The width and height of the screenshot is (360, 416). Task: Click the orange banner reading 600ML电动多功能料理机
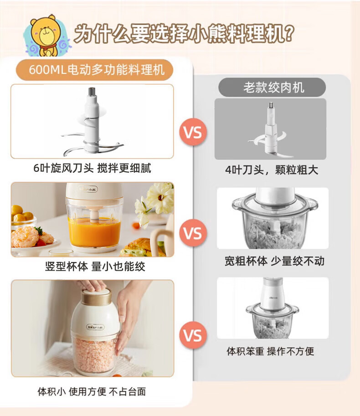95,70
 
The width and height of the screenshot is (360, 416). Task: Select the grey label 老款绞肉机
272,87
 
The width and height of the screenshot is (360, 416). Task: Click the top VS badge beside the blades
193,132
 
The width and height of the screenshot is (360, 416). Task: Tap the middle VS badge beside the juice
193,233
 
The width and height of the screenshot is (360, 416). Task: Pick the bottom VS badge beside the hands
193,335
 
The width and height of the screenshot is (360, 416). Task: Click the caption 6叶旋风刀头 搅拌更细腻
93,168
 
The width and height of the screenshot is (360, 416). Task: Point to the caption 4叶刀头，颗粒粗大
272,170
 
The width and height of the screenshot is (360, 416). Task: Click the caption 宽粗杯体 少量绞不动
274,261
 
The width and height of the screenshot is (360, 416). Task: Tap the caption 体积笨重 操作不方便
270,351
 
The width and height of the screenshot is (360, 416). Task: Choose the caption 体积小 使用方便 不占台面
92,391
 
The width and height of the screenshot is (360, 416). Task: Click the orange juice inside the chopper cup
94,231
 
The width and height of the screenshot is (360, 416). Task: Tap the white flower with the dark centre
160,198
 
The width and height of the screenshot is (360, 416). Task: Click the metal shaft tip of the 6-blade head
92,92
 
